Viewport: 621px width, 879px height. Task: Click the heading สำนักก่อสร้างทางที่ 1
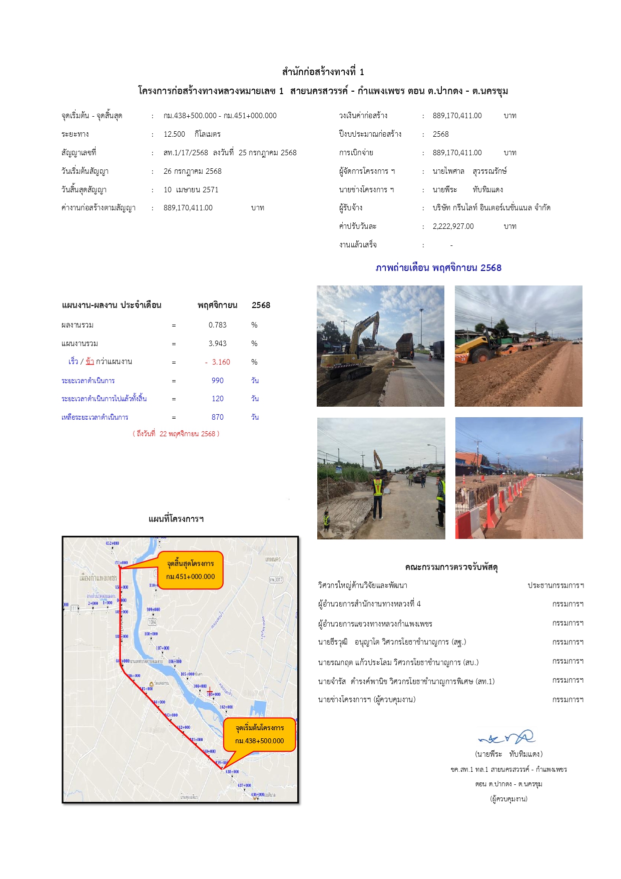[323, 72]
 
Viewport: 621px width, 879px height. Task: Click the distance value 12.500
[174, 134]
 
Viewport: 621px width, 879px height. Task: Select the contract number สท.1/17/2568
[186, 153]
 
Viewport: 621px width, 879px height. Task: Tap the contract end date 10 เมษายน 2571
[191, 190]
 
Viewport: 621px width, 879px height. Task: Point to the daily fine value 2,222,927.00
[453, 226]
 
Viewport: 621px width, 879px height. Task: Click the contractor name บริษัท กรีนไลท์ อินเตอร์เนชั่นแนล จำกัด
[491, 208]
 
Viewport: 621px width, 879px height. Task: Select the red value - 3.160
[218, 362]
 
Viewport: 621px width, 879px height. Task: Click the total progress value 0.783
[217, 325]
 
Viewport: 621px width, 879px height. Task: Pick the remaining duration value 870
[217, 417]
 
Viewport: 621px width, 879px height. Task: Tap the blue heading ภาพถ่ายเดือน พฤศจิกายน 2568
[438, 268]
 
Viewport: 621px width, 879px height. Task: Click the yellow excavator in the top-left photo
[350, 351]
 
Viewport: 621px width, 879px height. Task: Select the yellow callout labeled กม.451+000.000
[190, 570]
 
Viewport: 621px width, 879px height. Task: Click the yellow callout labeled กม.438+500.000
[259, 735]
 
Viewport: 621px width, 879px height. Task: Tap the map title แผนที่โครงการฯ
[176, 519]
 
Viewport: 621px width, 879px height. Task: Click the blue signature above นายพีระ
[506, 738]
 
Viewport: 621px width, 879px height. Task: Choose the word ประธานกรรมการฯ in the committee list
[555, 585]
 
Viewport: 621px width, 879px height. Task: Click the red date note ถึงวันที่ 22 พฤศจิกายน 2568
[176, 434]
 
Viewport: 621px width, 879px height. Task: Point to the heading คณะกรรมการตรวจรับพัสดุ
[451, 567]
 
